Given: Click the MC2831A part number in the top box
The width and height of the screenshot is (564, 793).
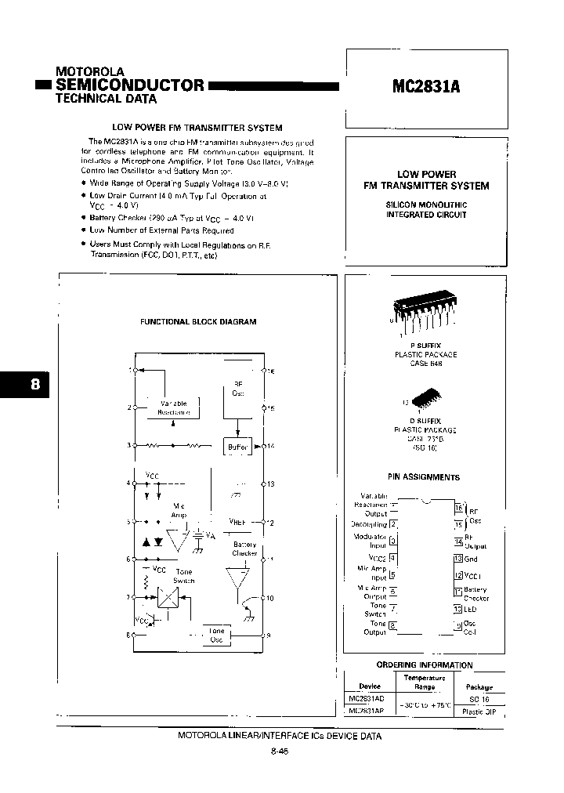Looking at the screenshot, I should tap(425, 88).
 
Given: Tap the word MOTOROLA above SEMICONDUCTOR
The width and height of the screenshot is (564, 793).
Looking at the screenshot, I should tap(90, 71).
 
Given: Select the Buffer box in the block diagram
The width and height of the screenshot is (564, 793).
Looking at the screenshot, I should tap(237, 447).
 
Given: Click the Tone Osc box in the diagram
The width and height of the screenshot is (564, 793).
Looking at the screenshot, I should tap(216, 635).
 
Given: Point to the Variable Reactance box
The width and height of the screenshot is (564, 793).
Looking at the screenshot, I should tap(174, 407).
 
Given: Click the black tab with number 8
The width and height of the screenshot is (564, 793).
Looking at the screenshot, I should tap(25, 385).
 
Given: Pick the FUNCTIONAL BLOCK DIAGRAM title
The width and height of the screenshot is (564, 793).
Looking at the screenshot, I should tap(198, 321).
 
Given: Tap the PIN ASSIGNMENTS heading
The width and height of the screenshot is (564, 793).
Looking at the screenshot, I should tap(424, 476).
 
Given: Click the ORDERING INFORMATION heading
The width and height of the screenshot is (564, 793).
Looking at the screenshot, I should tap(424, 665).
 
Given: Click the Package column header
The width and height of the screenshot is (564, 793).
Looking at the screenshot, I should tap(479, 686).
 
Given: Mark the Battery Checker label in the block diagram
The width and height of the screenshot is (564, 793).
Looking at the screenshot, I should tap(245, 549).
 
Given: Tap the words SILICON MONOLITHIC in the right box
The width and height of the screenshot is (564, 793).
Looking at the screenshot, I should tap(426, 205).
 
